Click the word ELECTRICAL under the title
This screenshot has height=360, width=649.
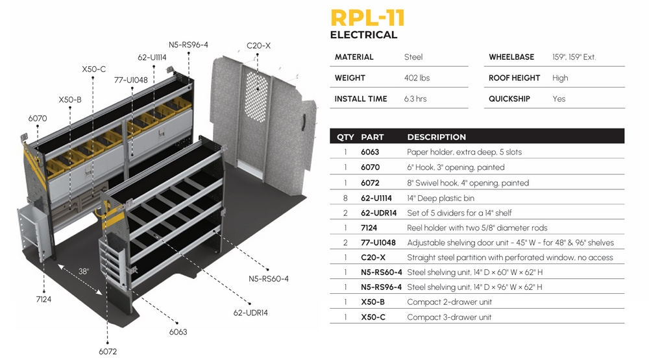363,35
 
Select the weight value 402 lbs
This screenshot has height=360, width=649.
417,78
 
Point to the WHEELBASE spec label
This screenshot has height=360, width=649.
511,57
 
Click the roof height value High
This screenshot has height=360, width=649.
560,78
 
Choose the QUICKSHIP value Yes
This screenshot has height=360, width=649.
559,99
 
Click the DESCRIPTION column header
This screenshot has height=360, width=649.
436,138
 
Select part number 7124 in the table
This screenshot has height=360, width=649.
370,228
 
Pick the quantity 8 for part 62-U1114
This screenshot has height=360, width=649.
345,197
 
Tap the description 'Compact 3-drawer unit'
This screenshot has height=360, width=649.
449,317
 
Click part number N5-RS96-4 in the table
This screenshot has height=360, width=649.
381,287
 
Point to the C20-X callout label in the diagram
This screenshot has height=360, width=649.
258,46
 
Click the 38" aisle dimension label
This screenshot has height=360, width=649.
84,272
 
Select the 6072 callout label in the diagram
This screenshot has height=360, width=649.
108,352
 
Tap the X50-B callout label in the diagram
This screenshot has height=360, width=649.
70,100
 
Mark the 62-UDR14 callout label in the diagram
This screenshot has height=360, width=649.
251,313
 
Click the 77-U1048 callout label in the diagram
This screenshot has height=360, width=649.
131,80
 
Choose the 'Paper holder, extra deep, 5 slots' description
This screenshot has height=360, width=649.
464,152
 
